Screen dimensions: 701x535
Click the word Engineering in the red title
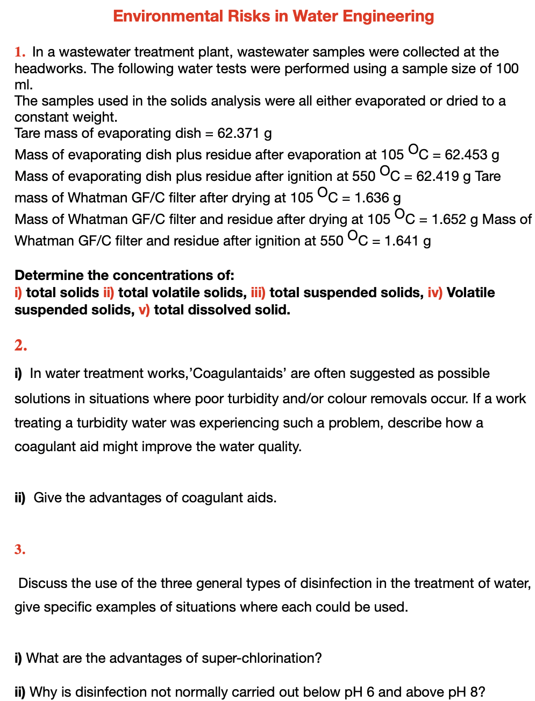point(388,16)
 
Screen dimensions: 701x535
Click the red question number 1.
point(19,52)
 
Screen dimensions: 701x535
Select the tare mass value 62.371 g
point(244,133)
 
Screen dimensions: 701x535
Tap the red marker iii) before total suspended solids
point(258,292)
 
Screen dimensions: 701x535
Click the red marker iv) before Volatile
point(435,292)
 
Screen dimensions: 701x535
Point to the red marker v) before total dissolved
point(144,310)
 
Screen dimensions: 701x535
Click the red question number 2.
point(20,346)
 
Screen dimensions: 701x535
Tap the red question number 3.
point(20,550)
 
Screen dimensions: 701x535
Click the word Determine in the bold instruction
point(49,276)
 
